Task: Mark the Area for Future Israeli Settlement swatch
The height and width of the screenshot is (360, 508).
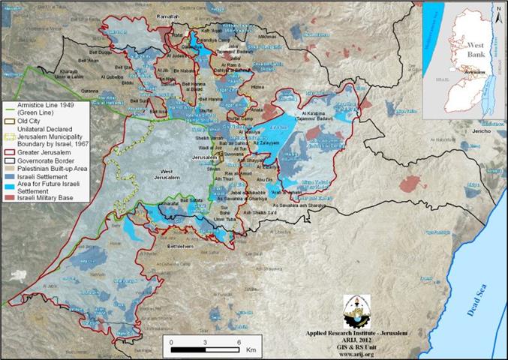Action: (x=8, y=180)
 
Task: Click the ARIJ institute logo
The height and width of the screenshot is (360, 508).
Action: (x=356, y=309)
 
